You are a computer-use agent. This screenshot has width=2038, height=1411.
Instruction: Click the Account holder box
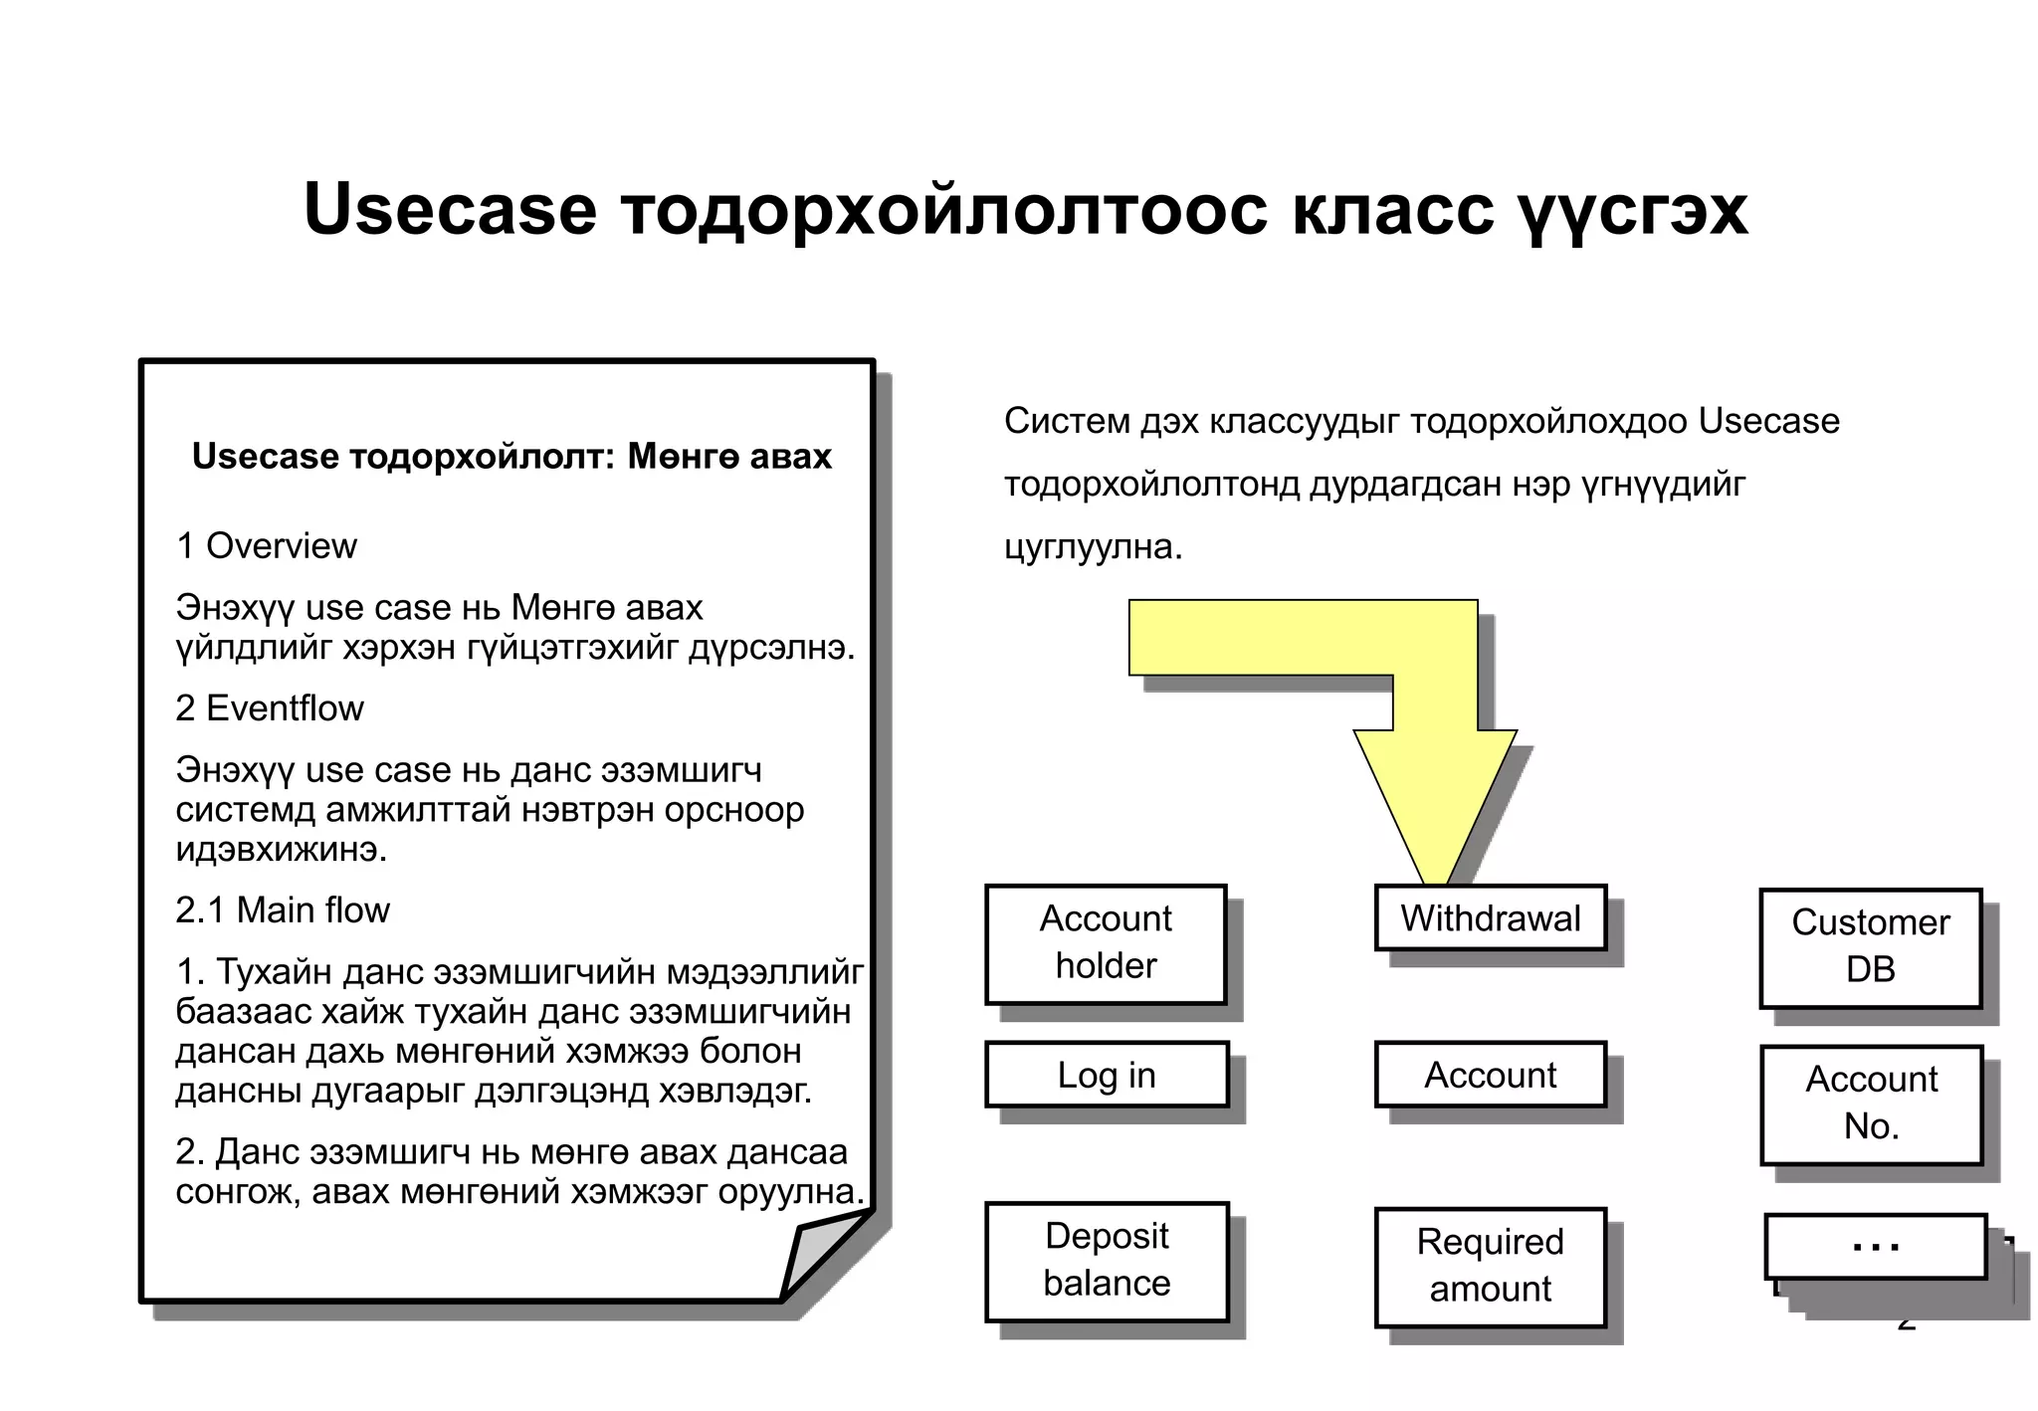coord(1106,943)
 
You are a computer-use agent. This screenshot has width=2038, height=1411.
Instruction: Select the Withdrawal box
coord(1490,917)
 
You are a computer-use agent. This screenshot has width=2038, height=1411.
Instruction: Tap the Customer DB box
coord(1870,947)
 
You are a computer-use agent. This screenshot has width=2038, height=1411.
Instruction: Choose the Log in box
coord(1107,1075)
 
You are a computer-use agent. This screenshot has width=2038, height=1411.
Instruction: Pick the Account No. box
coord(1871,1104)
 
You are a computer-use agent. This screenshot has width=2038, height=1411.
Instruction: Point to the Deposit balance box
coord(1107,1261)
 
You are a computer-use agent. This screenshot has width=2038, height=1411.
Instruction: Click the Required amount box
coord(1490,1267)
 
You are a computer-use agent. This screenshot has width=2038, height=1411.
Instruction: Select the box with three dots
coord(1875,1246)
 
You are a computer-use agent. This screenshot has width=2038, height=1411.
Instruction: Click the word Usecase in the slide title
coord(450,211)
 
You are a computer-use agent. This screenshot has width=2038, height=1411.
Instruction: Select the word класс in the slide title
coord(1392,211)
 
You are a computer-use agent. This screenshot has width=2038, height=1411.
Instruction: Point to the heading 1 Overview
coord(266,546)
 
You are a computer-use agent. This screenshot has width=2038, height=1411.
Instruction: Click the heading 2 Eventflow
coord(269,708)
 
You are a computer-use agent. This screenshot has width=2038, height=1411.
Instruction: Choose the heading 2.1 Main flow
coord(283,910)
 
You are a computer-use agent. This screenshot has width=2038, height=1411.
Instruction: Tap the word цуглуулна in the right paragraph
coord(1091,547)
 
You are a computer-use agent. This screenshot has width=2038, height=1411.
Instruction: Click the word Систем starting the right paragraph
coord(1067,422)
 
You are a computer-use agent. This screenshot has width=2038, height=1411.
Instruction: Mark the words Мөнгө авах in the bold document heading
coord(729,457)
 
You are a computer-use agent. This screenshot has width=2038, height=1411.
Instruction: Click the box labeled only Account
coord(1490,1075)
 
